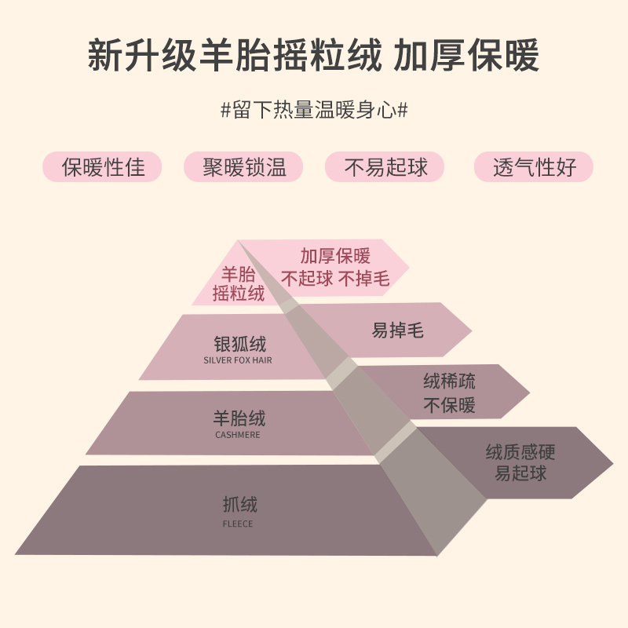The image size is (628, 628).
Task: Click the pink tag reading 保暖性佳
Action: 104,167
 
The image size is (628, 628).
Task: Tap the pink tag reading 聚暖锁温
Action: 243,167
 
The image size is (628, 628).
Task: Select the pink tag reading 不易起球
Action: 385,167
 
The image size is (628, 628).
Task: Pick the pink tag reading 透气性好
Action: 534,167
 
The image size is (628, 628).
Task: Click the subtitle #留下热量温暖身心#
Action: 314,109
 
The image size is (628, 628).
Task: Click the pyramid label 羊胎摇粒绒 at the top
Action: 238,284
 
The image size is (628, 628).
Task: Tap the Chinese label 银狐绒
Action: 240,344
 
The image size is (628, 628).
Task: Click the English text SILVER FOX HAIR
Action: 238,361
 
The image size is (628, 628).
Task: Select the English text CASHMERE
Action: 238,435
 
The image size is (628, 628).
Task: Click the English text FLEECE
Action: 237,524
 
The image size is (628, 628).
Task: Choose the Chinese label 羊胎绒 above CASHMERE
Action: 239,418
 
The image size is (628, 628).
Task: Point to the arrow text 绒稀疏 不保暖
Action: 449,393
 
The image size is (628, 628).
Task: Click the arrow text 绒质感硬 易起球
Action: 516,462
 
